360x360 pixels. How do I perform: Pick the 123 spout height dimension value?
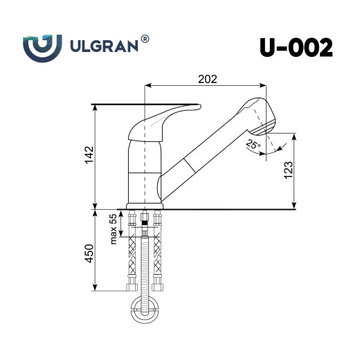coord(288,170)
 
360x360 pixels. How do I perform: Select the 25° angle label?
coord(252,145)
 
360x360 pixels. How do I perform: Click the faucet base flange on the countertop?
coord(145,205)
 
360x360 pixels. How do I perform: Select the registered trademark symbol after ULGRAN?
coord(145,39)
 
